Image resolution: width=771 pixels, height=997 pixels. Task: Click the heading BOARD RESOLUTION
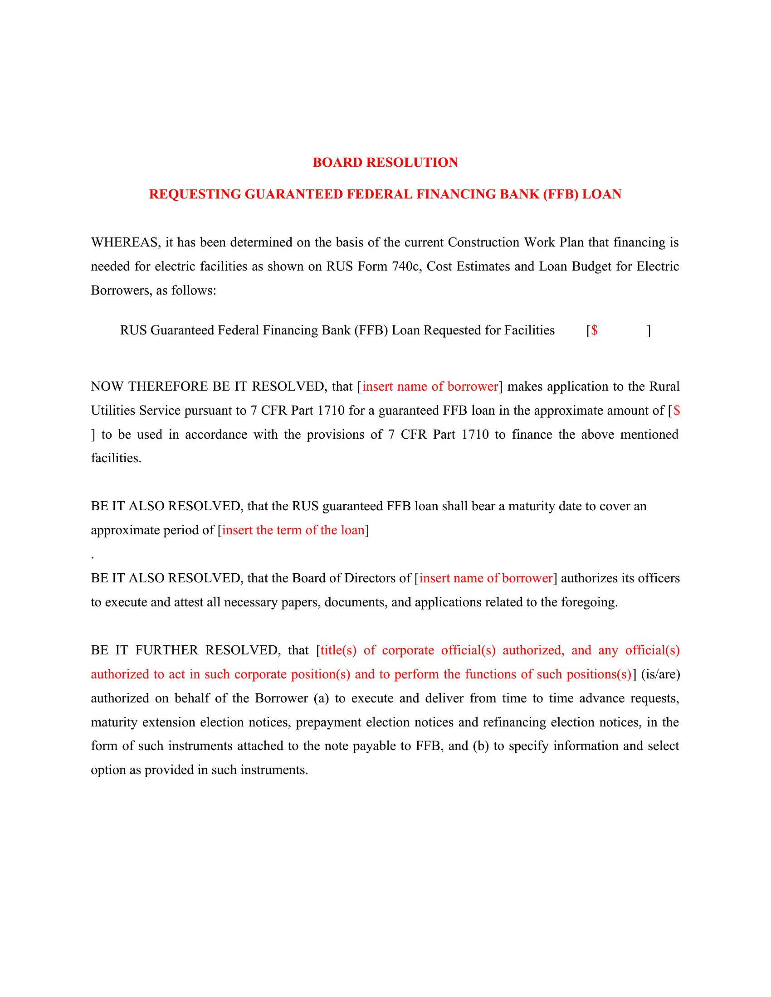pos(385,163)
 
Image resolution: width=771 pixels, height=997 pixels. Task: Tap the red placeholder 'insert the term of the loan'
pos(293,530)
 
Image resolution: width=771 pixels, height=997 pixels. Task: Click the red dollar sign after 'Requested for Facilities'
pos(594,330)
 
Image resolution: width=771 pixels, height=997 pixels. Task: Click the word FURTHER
pos(167,650)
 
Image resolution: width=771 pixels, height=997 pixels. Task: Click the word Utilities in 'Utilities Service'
pos(113,411)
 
